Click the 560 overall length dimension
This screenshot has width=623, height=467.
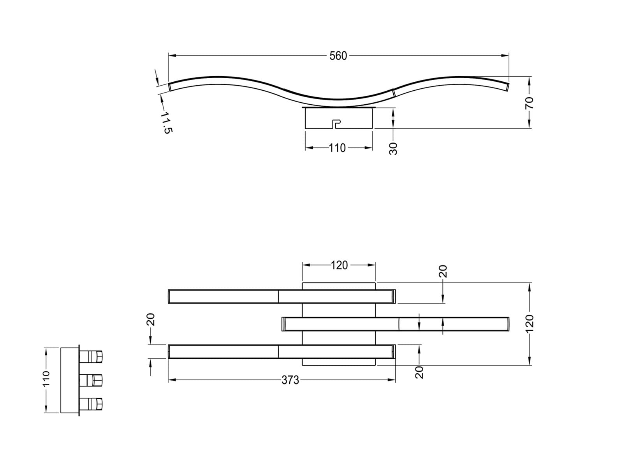(338, 56)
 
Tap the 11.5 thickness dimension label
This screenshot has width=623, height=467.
(166, 122)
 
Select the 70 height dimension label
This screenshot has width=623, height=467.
(529, 103)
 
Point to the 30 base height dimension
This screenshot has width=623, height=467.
(393, 149)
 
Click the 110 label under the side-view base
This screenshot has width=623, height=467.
(337, 148)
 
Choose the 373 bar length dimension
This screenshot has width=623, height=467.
(290, 380)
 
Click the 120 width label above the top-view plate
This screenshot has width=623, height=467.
(339, 265)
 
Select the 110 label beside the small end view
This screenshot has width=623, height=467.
(46, 378)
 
